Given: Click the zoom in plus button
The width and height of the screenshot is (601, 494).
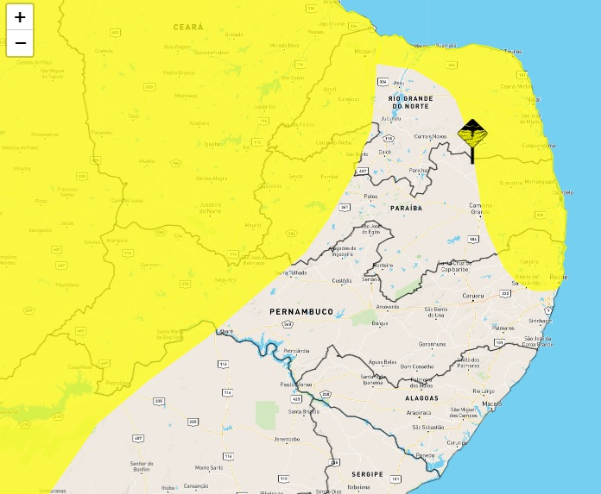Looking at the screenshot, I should coord(20,17).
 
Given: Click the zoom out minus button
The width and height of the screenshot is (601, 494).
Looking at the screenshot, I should coord(20,42).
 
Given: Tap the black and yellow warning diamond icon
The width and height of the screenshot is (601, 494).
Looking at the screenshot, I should coord(471,135).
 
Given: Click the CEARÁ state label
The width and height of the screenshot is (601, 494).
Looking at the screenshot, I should coord(188,28).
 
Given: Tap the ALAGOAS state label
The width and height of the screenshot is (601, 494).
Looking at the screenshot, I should coord(421,398).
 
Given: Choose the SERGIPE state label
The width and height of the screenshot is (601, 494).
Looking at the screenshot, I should coord(367,474).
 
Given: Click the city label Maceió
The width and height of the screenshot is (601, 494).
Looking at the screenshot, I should coord(492,403).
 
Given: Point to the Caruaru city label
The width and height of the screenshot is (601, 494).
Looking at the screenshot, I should coord(473,296).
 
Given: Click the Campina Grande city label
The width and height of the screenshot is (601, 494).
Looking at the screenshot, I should coord(480,208).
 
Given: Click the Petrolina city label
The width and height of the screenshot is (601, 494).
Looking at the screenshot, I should coord(119,383).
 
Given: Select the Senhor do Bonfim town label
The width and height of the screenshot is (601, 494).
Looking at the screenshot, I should coord(142,466).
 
